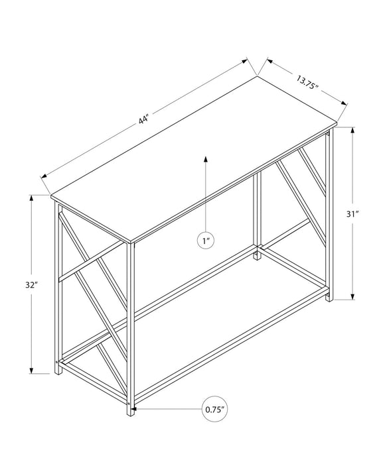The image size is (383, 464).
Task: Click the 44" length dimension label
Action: (x=143, y=120)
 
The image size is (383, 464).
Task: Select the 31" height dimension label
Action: (x=352, y=213)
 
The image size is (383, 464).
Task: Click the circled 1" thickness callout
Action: (x=206, y=241)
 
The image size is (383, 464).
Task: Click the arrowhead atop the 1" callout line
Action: (x=206, y=159)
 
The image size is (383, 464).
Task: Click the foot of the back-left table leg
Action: (x=58, y=371)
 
